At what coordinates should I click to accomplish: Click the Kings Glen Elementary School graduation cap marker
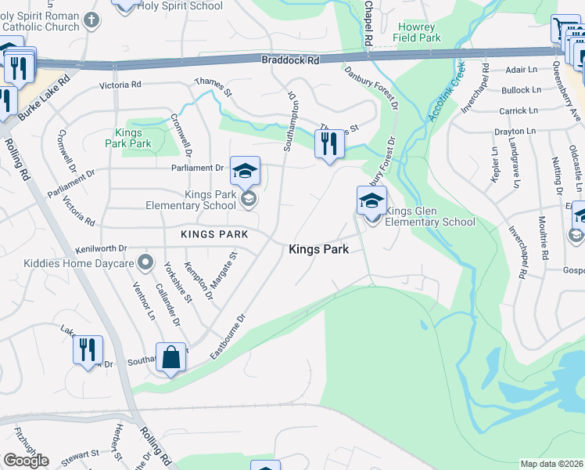[x=371, y=201]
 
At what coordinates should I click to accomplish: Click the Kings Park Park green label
[x=128, y=138]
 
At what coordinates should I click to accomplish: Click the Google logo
[x=26, y=461]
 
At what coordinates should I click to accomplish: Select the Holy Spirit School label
[x=180, y=5]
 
